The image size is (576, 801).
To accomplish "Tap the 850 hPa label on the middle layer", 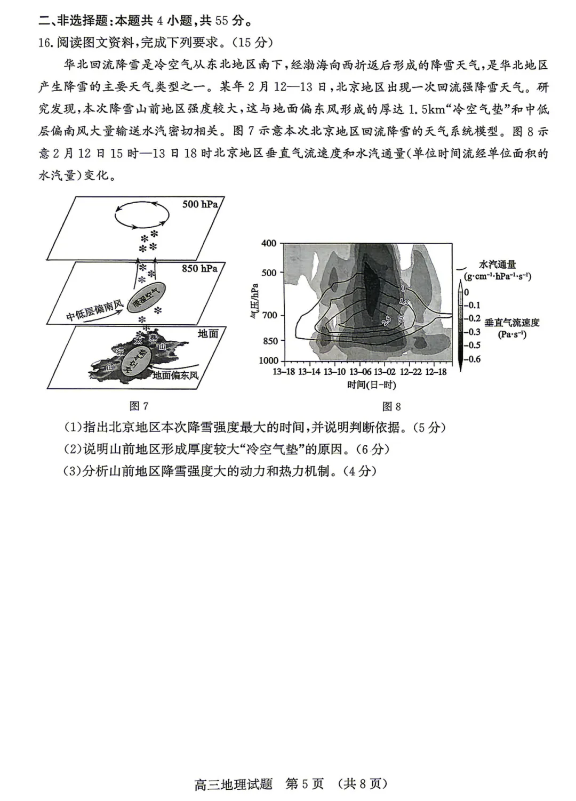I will click(199, 269).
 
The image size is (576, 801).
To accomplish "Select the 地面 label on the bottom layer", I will click(208, 333).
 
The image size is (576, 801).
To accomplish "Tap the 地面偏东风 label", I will click(175, 375).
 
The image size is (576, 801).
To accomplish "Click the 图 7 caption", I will click(139, 406).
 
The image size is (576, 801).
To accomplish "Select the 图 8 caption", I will click(391, 406).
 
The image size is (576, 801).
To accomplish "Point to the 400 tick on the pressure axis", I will click(269, 244).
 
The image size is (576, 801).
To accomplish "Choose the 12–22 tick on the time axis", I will click(411, 372).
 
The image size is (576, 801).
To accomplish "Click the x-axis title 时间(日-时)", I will click(372, 385).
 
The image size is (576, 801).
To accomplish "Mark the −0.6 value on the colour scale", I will click(473, 359).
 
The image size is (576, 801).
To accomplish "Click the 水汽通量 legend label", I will click(497, 265).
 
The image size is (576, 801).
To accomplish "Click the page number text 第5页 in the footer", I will click(305, 783).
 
